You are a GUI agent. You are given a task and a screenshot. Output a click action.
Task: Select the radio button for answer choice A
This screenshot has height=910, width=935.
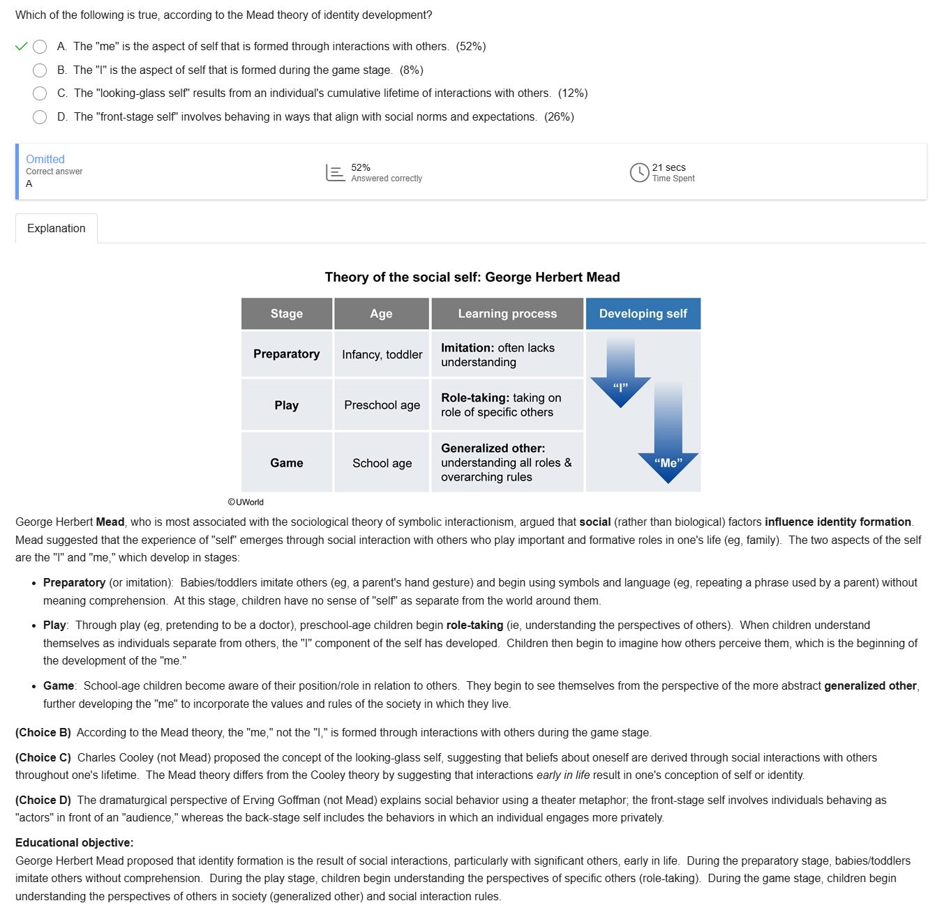coord(40,47)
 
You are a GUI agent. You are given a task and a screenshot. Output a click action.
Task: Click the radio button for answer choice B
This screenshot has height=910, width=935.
coord(40,70)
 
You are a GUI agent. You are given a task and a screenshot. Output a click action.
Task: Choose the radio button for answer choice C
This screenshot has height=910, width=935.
coord(40,93)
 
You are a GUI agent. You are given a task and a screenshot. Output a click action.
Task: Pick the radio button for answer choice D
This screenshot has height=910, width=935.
coord(40,117)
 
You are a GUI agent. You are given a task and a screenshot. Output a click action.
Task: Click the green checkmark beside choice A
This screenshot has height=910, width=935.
coord(21,47)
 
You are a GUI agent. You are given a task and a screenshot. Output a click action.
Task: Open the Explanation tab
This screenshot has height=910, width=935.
coord(57,229)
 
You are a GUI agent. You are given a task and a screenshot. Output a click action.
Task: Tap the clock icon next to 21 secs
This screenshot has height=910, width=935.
coord(639,172)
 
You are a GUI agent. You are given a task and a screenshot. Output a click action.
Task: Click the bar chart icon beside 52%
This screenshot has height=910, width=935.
coord(336,172)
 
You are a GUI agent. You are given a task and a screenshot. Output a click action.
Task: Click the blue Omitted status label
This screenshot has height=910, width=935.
coord(45,159)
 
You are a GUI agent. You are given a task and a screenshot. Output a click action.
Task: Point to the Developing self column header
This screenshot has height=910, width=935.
coord(643,314)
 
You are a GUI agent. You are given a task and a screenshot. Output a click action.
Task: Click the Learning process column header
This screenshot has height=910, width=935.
coord(507,314)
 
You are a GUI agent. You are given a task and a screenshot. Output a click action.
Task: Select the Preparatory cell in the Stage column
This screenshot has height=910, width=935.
coord(286,354)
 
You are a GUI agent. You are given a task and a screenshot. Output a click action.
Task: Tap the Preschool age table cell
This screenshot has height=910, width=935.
coord(382,405)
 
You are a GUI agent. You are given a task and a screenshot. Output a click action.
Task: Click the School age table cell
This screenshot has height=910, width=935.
coord(382,463)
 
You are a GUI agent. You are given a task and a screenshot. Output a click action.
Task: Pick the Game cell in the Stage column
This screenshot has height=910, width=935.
coord(286,463)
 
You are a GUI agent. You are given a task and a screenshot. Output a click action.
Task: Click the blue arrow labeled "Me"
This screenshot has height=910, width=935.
coord(668,439)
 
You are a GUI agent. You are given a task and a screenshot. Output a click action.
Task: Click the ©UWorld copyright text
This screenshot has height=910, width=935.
coord(246,502)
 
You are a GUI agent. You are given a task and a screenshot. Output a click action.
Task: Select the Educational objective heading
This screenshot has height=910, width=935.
coord(74,842)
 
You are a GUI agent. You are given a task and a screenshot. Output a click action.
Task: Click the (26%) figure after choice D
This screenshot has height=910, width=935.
coord(559,117)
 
